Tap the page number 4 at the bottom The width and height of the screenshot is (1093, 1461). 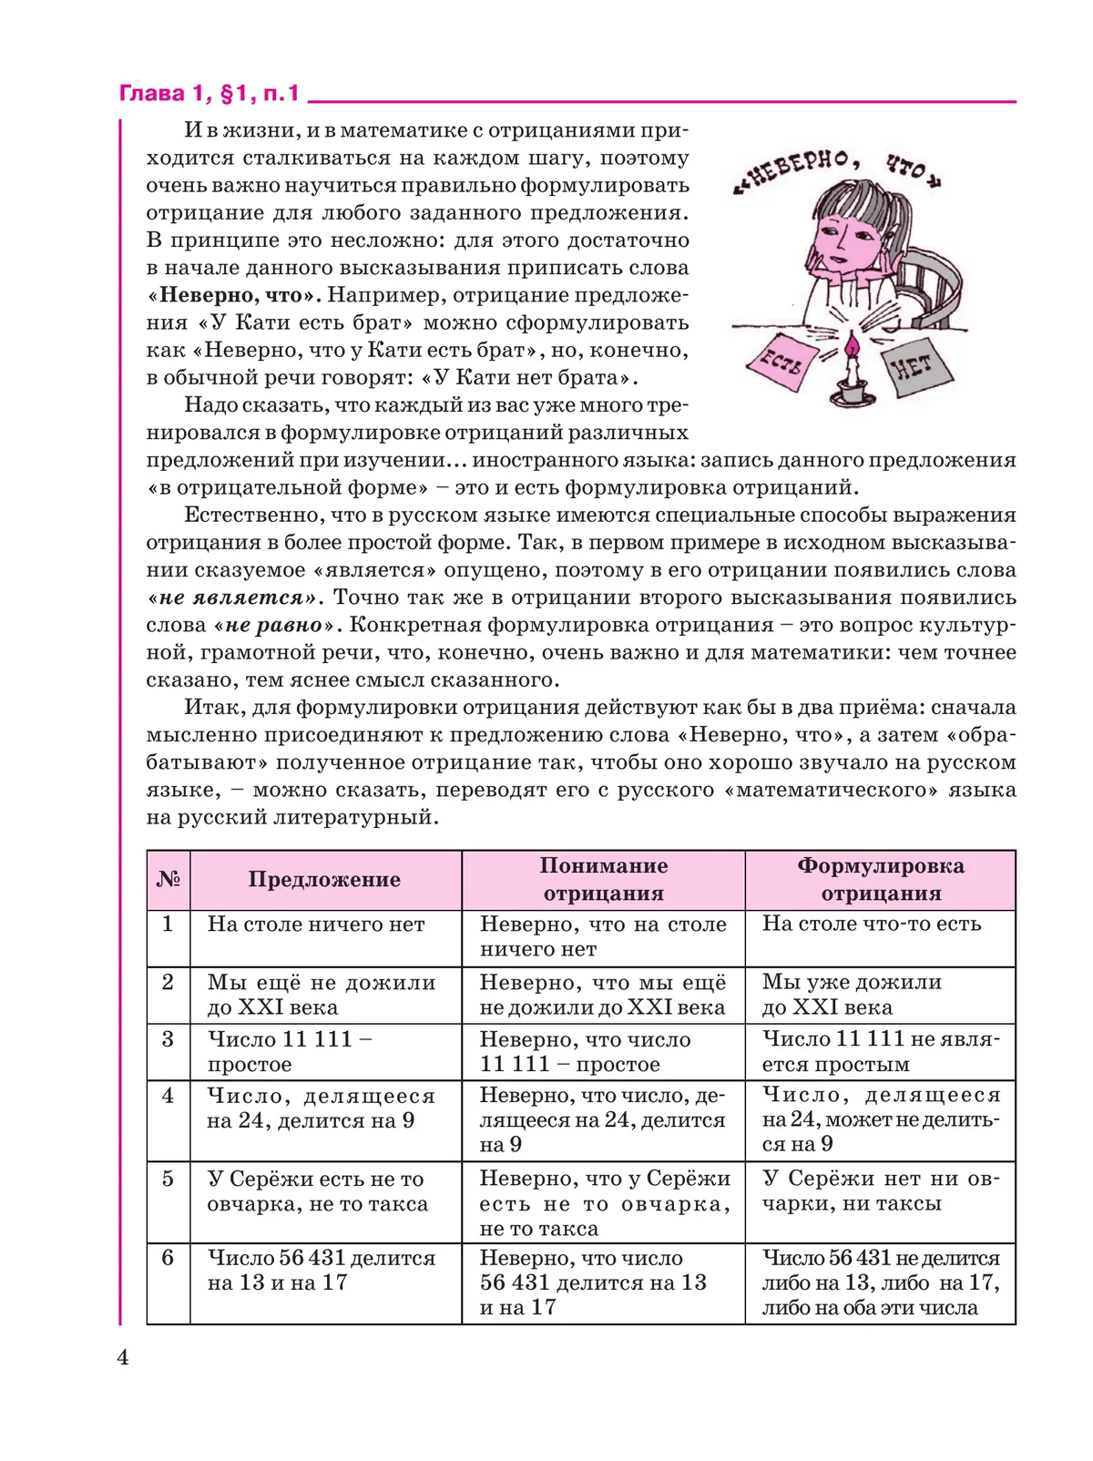pos(123,1358)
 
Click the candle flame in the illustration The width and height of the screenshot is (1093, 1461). pos(851,346)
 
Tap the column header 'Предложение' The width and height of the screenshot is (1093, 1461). pos(324,880)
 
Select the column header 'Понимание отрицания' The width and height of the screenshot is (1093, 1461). pos(603,880)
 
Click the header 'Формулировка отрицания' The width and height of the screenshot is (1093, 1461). pos(880,880)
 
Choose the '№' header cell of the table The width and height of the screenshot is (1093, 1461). pos(169,880)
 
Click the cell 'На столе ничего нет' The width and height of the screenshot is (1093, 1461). pos(316,925)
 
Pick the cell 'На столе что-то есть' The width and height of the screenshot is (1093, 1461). pos(872,924)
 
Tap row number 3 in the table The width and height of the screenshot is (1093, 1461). pos(168,1039)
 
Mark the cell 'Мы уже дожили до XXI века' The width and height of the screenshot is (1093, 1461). pos(852,995)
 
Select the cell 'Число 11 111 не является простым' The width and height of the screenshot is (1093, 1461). pos(880,1052)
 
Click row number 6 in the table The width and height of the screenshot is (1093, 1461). pos(168,1258)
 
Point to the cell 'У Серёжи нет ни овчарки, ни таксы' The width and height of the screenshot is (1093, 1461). pos(880,1191)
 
